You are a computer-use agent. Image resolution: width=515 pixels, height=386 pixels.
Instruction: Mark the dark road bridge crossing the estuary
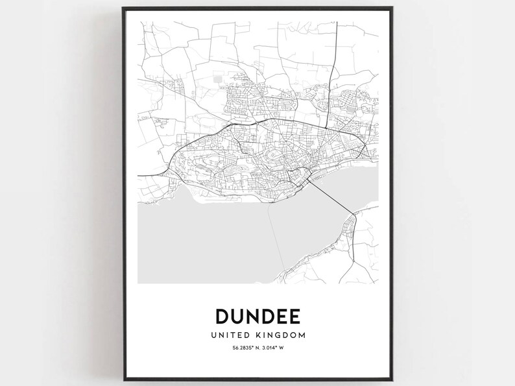(331, 197)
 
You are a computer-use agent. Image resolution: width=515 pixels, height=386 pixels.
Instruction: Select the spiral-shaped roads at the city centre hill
(275, 154)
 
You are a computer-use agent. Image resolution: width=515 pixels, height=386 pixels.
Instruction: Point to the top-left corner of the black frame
(123, 8)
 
